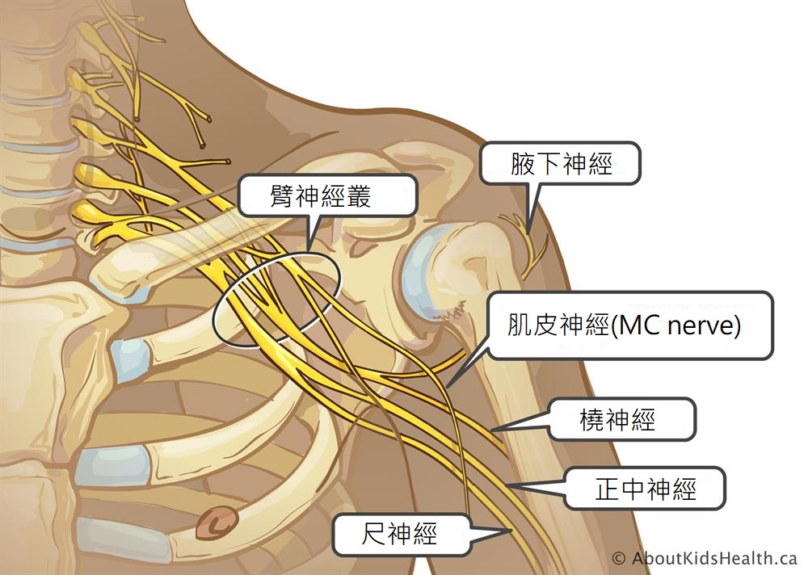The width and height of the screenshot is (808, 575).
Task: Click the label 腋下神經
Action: pyautogui.click(x=562, y=164)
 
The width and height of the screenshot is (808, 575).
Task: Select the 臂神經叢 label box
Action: pyautogui.click(x=328, y=195)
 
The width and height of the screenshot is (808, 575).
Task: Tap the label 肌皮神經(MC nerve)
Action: pyautogui.click(x=630, y=325)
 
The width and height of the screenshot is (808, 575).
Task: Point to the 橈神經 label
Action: pyautogui.click(x=622, y=419)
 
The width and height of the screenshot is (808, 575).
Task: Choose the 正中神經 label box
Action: pyautogui.click(x=645, y=488)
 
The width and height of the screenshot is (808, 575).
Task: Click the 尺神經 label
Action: pyautogui.click(x=402, y=534)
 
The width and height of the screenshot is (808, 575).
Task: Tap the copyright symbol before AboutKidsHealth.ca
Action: pyautogui.click(x=619, y=559)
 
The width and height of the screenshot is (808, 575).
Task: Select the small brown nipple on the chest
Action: pyautogui.click(x=217, y=523)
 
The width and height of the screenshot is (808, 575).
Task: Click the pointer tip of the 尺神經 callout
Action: pyautogui.click(x=511, y=530)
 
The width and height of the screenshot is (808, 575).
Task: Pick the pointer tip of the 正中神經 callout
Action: pyautogui.click(x=508, y=485)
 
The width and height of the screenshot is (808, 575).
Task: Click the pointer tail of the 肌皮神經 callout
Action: pyautogui.click(x=448, y=386)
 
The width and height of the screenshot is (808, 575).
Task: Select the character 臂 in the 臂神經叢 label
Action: pyautogui.click(x=281, y=196)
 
